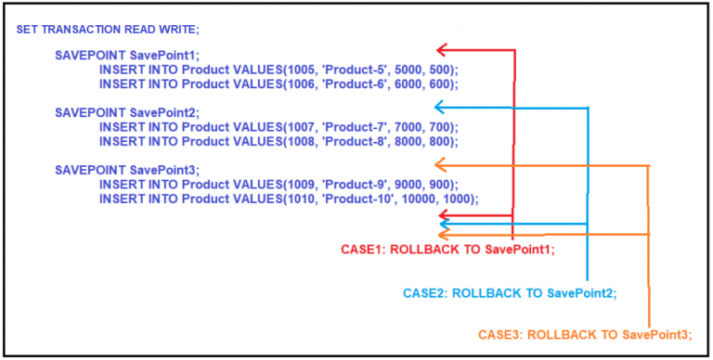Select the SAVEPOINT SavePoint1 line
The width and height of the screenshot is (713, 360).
pos(114,56)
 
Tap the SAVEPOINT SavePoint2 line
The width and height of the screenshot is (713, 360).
pos(114,112)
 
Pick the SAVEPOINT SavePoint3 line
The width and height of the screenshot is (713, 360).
pos(114,170)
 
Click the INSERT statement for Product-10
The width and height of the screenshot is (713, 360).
pos(288,198)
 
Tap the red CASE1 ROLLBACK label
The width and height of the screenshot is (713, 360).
pos(448,249)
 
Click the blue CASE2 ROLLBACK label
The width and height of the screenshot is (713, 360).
pos(510,292)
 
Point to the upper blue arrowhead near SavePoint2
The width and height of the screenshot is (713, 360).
pos(440,108)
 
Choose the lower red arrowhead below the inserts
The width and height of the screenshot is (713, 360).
pos(445,215)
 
